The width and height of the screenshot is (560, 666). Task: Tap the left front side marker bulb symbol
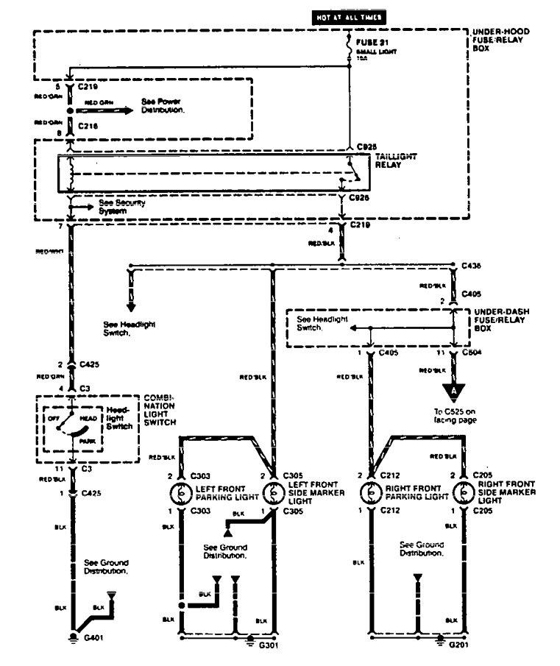273,492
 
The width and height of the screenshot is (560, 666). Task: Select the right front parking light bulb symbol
367,492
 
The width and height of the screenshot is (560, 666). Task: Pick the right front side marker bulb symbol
461,492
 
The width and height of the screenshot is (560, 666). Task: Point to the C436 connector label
472,264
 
